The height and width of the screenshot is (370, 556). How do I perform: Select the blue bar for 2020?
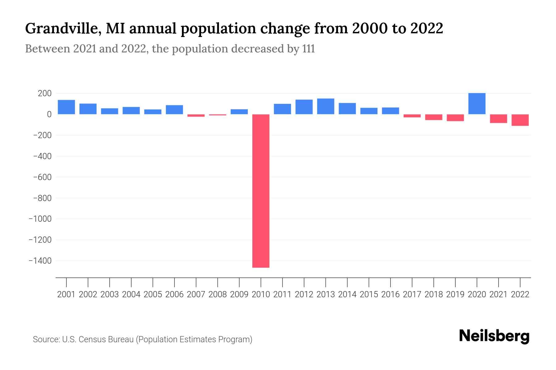pyautogui.click(x=477, y=104)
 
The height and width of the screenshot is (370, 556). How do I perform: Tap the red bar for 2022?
pyautogui.click(x=520, y=120)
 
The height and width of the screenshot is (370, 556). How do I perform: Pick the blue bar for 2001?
pyautogui.click(x=66, y=107)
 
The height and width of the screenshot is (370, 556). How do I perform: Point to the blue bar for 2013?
pyautogui.click(x=326, y=106)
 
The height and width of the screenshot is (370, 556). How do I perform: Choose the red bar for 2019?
pyautogui.click(x=455, y=117)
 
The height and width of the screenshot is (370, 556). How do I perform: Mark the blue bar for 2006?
pyautogui.click(x=174, y=110)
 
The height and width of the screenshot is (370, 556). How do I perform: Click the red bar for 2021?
pyautogui.click(x=498, y=119)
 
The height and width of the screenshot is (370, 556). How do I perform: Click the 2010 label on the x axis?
pyautogui.click(x=261, y=294)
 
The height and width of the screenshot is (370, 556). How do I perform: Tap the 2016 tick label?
pyautogui.click(x=390, y=294)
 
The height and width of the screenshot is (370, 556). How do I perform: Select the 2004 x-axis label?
pyautogui.click(x=131, y=294)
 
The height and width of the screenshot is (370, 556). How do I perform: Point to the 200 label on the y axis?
pyautogui.click(x=44, y=93)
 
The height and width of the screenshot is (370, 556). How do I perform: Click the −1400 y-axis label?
pyautogui.click(x=40, y=261)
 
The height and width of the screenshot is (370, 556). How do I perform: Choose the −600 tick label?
pyautogui.click(x=42, y=177)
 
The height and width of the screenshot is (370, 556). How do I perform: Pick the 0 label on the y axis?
pyautogui.click(x=49, y=114)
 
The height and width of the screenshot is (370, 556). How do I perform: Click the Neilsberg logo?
pyautogui.click(x=494, y=336)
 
